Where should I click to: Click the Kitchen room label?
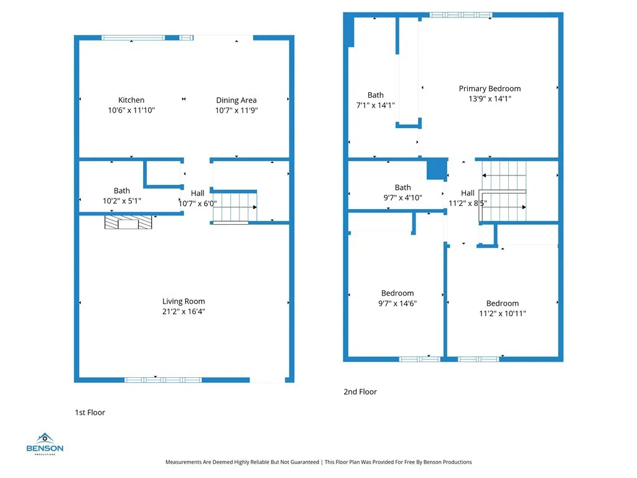click(131, 100)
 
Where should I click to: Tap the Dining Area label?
click(236, 100)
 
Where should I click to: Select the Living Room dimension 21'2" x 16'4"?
click(184, 311)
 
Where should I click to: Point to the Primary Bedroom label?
click(490, 88)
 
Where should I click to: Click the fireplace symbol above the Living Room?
click(129, 223)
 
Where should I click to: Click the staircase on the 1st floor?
click(235, 206)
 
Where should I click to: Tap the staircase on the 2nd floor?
click(503, 193)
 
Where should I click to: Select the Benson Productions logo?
click(44, 443)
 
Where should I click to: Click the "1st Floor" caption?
click(90, 412)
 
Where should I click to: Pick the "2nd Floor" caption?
click(360, 391)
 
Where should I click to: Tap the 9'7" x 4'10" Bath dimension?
click(402, 197)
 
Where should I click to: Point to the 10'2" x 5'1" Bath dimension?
click(122, 200)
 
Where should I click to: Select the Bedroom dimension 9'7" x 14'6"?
click(398, 303)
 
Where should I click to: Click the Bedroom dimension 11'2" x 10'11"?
click(502, 314)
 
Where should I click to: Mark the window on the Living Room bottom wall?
click(163, 379)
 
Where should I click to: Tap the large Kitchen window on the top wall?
click(134, 38)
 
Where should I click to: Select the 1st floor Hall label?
click(197, 194)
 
